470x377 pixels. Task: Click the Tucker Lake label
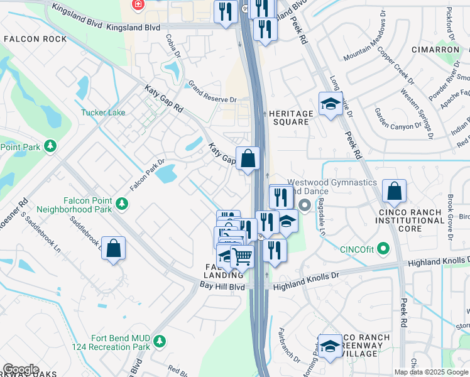pyautogui.click(x=102, y=113)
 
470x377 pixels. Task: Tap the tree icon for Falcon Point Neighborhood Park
pyautogui.click(x=122, y=204)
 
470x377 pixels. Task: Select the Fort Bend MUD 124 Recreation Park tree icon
pyautogui.click(x=160, y=341)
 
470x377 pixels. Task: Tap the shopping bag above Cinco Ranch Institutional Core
pyautogui.click(x=394, y=192)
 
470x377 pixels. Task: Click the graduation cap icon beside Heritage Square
pyautogui.click(x=330, y=104)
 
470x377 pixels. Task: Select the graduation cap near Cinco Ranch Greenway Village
pyautogui.click(x=330, y=347)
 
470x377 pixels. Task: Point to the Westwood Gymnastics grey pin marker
pyautogui.click(x=305, y=205)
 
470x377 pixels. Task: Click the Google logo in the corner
pyautogui.click(x=21, y=369)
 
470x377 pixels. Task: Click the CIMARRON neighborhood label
pyautogui.click(x=435, y=49)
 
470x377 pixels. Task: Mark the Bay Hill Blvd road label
pyautogui.click(x=222, y=286)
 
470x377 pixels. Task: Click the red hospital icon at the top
pyautogui.click(x=137, y=4)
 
